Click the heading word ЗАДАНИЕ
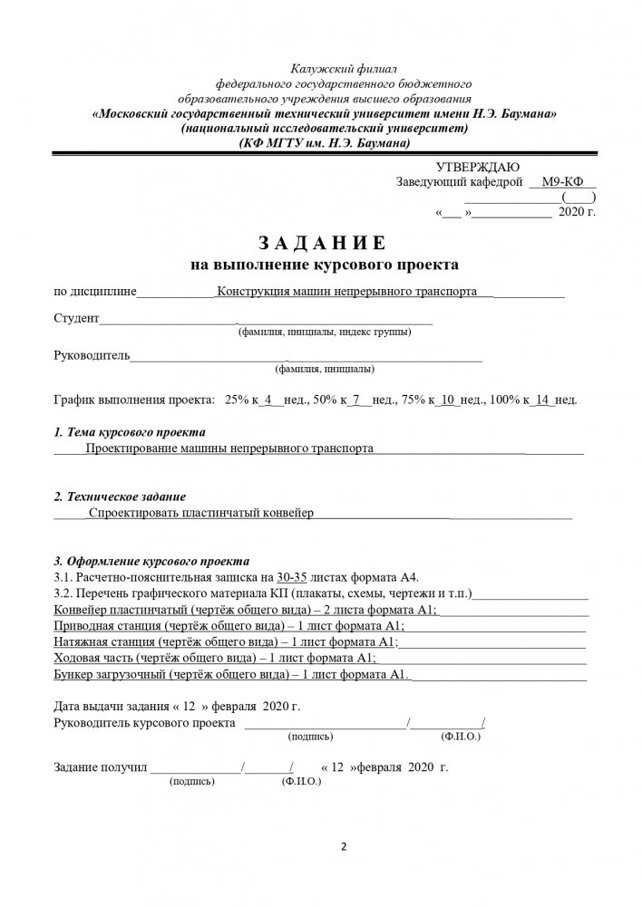[x=322, y=243]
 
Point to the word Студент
[x=76, y=319]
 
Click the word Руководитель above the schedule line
[x=92, y=356]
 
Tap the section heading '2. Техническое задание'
[x=121, y=497]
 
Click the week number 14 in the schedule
[x=544, y=400]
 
